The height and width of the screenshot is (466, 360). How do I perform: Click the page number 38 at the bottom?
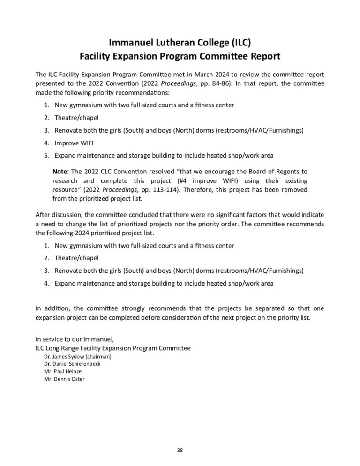(180, 451)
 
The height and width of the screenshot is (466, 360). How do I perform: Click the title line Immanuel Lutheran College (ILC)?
(180, 43)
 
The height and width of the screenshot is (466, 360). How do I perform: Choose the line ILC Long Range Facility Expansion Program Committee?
(113, 348)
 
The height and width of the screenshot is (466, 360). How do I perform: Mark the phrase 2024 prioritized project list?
(120, 233)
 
